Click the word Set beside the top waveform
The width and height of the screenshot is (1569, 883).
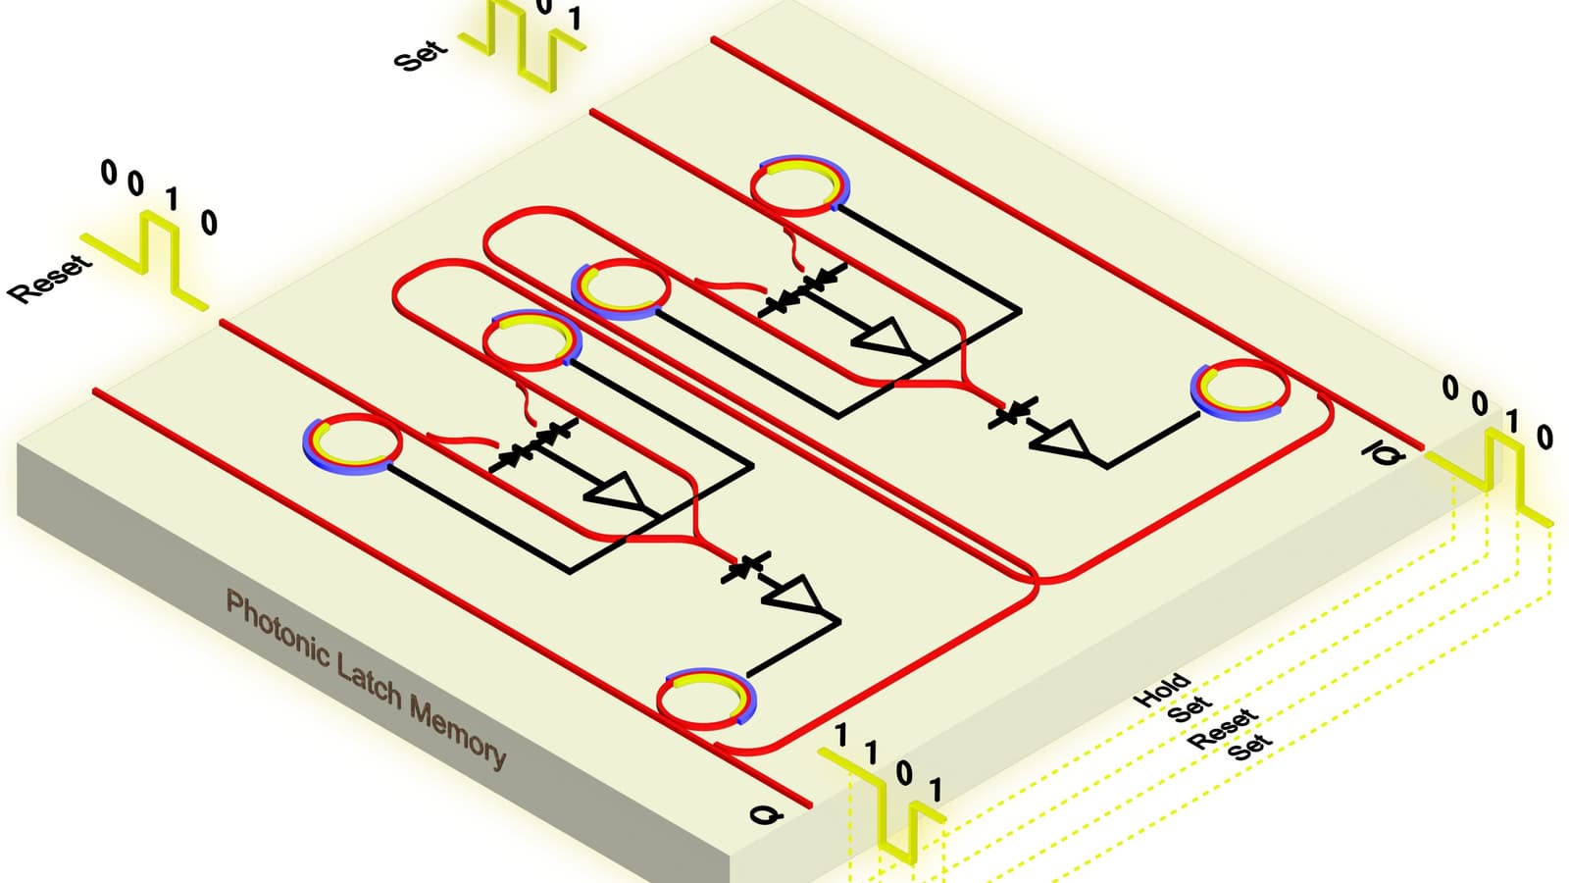coord(421,55)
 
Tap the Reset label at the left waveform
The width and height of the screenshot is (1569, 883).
coord(49,279)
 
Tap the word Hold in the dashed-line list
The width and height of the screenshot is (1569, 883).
coord(1162,691)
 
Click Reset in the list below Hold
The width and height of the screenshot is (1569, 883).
coord(1222,729)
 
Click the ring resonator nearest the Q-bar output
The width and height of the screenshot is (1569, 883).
coord(1240,390)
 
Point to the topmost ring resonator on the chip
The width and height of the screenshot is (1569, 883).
coord(799,185)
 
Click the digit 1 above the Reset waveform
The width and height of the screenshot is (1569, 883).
coord(173,199)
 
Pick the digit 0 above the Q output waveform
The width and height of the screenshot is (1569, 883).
coord(904,774)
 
